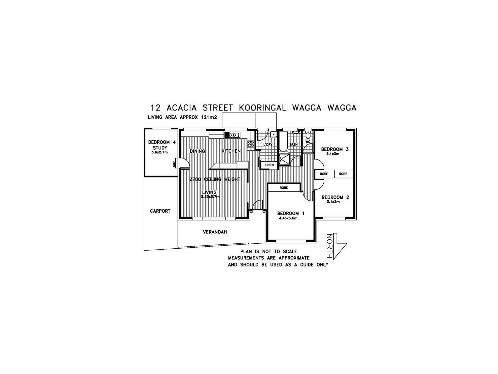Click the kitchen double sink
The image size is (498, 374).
[x=234, y=135]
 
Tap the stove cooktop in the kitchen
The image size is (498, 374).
[x=251, y=144]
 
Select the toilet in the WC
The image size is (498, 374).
[x=308, y=135]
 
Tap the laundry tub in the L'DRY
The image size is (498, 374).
[x=273, y=134]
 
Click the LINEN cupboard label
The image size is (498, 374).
[x=269, y=165]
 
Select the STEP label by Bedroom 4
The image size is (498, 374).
[x=174, y=163]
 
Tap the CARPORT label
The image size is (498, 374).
[x=160, y=211]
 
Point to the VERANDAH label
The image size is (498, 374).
[x=215, y=232]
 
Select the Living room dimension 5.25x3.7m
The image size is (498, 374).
[x=210, y=196]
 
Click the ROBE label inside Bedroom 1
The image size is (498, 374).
[x=284, y=188]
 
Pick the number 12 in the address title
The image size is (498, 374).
[x=156, y=108]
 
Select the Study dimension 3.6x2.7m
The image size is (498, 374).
[x=160, y=152]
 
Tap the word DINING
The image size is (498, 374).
[x=197, y=151]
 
